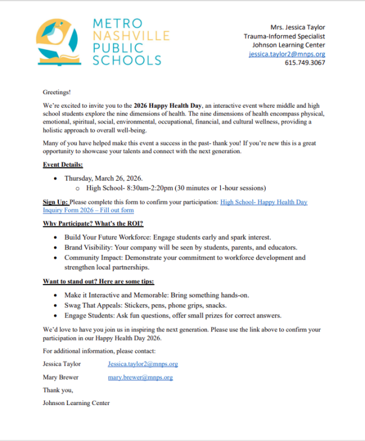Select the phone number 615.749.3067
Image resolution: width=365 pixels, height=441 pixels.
point(305,63)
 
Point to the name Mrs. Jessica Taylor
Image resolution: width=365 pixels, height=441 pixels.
point(297,27)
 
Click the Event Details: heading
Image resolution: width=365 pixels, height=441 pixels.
point(63,165)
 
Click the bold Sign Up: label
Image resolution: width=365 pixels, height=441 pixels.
point(56,202)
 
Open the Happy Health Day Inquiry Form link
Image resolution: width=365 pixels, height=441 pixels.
point(263,202)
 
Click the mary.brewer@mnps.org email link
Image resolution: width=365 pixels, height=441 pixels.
point(140,377)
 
